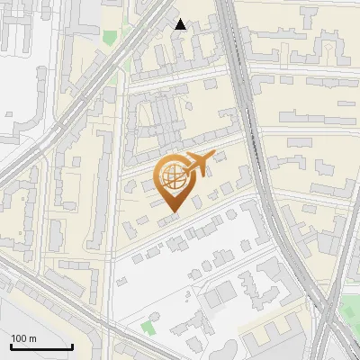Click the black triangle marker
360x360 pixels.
181,24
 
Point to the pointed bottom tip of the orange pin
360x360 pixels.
173,211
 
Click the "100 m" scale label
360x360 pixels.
24,338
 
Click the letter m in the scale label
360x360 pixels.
33,338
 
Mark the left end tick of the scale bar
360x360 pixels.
10,346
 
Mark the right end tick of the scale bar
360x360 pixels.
72,346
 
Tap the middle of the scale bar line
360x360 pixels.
40,346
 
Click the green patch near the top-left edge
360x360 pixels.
110,38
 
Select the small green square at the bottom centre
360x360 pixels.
148,325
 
